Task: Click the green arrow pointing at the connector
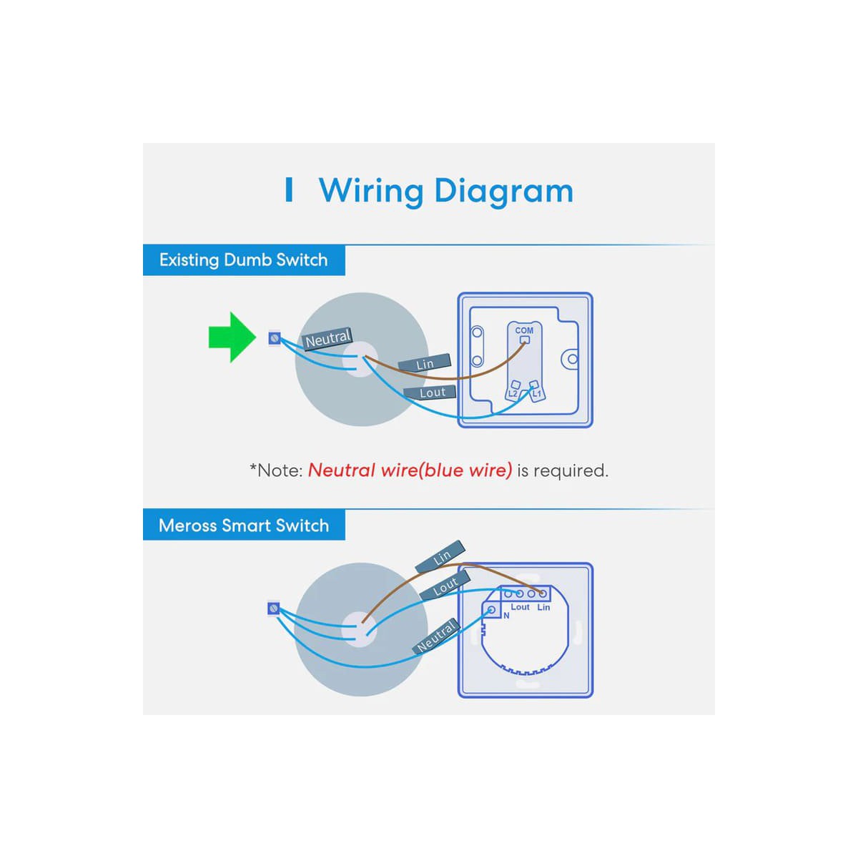pos(231,337)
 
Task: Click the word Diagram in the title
pos(503,192)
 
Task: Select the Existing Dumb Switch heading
pos(243,260)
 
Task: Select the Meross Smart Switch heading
pos(243,526)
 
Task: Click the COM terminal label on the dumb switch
pos(524,330)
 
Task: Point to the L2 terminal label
pos(513,393)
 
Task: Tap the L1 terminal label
pos(537,393)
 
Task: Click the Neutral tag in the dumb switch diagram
pos(327,339)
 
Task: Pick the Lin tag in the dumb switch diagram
pos(425,364)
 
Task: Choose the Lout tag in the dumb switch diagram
pos(432,393)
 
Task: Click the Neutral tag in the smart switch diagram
pos(435,636)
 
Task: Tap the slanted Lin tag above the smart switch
pos(441,557)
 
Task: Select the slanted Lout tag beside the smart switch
pos(445,586)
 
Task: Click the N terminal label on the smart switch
pos(506,616)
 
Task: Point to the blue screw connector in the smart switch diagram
pos(272,608)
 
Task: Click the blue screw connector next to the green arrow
pos(274,337)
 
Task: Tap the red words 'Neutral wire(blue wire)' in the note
pos(410,470)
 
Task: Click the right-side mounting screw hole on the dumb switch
pos(571,359)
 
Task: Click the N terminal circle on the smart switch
pos(491,610)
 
